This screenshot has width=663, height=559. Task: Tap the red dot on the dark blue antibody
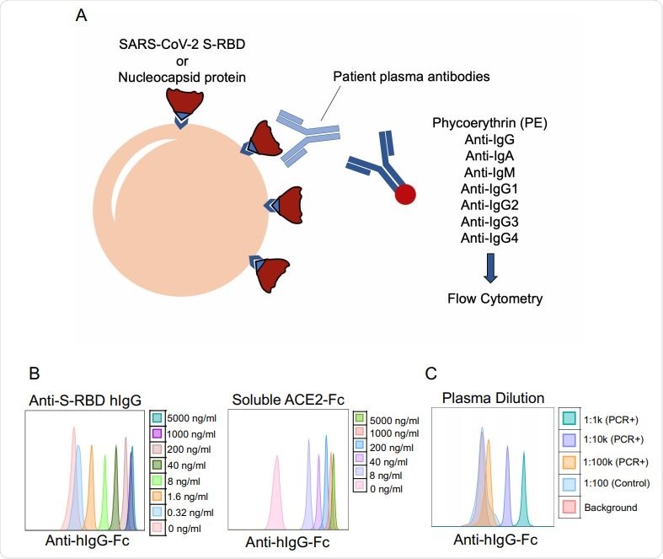(x=405, y=196)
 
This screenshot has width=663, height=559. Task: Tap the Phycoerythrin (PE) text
(x=489, y=122)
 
